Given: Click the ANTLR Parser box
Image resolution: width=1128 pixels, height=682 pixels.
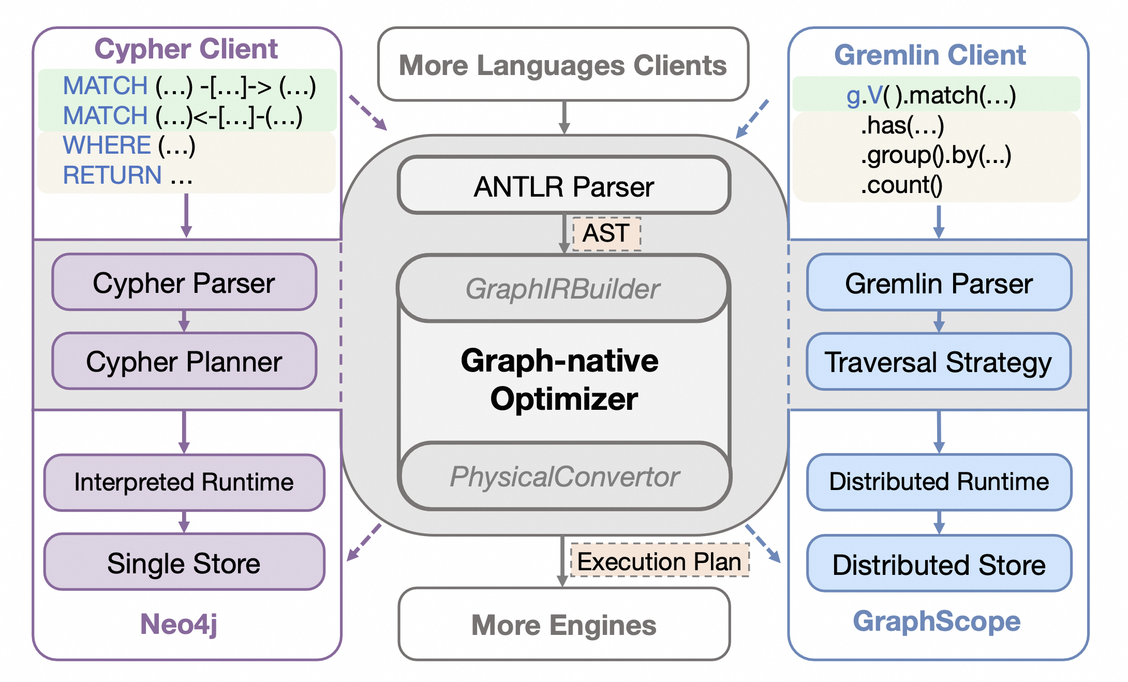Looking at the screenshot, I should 563,186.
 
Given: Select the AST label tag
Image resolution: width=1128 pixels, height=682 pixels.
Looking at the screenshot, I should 606,233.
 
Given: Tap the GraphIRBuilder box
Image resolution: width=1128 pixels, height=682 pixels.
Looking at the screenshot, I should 563,288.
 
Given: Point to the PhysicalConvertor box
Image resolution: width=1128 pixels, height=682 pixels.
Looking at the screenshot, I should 565,477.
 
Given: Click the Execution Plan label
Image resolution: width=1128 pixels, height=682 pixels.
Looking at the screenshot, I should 659,561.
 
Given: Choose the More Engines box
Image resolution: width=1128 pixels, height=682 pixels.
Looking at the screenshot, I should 564,625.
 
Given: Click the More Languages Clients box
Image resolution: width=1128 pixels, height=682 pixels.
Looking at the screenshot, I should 563,65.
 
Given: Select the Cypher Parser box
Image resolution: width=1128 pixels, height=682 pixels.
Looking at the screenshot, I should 184,283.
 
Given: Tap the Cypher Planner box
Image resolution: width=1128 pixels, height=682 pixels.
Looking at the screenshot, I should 184,361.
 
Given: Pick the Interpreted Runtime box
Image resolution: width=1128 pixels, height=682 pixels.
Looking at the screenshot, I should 184,482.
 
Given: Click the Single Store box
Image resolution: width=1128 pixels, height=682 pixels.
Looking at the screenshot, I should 184,562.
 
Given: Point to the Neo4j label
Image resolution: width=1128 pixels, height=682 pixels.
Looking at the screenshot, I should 179,624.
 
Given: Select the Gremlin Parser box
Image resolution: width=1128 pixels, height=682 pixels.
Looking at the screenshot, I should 939,283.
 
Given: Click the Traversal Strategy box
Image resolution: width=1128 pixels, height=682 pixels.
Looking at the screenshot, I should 939,362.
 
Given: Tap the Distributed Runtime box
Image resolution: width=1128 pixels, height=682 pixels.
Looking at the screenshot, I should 939,482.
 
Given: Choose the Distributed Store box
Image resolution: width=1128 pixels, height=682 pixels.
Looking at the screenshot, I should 939,564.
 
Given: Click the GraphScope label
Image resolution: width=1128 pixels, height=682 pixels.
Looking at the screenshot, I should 937,621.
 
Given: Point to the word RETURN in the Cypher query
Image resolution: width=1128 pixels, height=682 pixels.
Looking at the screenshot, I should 112,175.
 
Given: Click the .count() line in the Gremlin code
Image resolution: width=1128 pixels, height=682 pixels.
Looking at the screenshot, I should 901,185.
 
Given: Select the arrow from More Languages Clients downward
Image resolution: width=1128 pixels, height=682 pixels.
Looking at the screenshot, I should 565,117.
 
